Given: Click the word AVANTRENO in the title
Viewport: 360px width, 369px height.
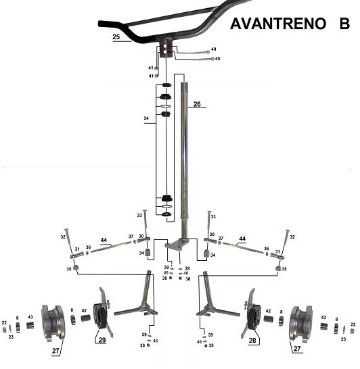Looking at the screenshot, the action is (278, 24).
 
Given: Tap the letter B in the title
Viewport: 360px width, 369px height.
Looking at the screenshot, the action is (344, 24).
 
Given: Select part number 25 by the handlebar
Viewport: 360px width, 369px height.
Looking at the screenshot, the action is (116, 37).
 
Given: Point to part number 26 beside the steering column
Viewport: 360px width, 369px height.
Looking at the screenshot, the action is (197, 104).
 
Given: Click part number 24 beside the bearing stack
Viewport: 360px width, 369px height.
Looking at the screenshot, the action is (146, 118).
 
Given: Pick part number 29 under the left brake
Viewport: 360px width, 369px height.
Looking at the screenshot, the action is (102, 340).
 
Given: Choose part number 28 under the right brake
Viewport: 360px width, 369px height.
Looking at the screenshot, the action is (252, 341).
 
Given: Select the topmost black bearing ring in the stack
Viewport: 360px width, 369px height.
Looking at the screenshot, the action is (166, 85).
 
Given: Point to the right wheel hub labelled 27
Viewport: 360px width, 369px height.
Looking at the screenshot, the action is (301, 322).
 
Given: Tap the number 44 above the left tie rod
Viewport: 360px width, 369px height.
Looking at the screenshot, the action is (104, 240).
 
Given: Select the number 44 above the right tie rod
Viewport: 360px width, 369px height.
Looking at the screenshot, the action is (242, 239).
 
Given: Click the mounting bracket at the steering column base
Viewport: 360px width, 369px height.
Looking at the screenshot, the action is (177, 245).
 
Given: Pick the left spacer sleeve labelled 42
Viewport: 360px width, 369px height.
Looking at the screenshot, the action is (86, 318).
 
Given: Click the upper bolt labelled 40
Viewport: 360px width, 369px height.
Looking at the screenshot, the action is (202, 52).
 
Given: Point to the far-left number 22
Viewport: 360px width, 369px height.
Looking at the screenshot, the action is (4, 322).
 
